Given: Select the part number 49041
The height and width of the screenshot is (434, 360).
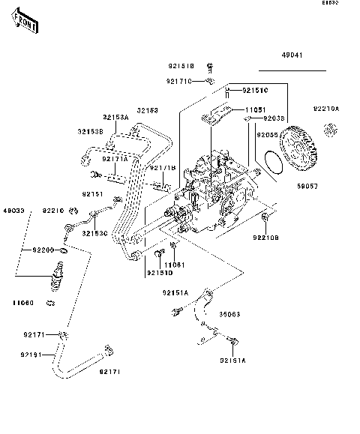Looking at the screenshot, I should point(293,55).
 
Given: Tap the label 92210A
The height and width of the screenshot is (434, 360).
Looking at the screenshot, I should point(326,109).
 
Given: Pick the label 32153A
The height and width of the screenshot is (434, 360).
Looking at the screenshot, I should point(115,118).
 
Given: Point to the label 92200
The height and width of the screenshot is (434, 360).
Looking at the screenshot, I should point(43,249).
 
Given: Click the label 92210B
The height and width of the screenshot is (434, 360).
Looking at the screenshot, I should point(265,238).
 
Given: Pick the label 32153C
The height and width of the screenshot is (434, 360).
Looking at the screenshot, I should point(94,233).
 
